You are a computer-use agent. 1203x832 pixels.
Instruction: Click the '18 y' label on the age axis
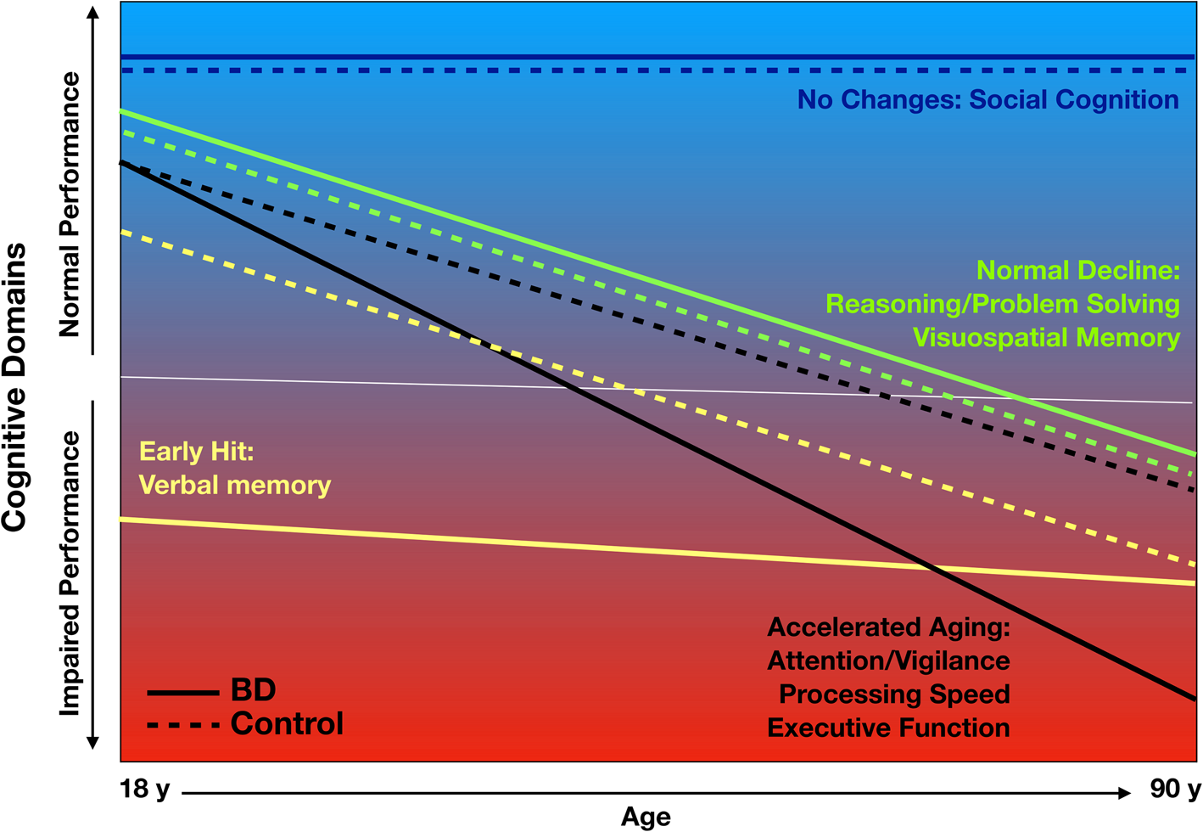point(145,790)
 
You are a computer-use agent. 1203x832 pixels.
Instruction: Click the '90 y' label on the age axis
point(1175,790)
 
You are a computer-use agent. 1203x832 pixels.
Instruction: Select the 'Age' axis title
point(646,817)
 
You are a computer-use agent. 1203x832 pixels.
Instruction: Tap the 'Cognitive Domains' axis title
point(15,387)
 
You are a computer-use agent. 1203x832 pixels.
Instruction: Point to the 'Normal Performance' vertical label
point(70,205)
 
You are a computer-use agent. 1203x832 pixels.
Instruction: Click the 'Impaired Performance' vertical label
point(70,574)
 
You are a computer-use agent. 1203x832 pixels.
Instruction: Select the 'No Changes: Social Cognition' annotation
point(988,100)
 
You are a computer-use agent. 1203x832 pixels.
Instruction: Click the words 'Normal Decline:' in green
point(1078,271)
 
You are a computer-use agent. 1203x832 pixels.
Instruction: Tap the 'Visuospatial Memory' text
point(1046,338)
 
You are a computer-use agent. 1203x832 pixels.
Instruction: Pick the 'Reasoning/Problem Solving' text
point(1003,304)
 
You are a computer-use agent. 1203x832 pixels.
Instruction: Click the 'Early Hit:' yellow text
point(196,452)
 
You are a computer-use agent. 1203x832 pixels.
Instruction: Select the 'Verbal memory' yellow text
point(234,486)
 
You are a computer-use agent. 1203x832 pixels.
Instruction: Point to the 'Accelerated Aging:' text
point(888,627)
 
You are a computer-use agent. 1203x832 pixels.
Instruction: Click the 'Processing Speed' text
point(894,694)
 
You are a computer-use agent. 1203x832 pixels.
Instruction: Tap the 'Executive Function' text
point(888,728)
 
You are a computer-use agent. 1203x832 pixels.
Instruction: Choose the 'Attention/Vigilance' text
point(888,661)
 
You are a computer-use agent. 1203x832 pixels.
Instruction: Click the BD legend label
point(253,690)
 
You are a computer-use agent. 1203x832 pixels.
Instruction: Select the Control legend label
point(287,724)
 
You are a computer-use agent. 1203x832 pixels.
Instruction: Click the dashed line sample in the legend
point(182,726)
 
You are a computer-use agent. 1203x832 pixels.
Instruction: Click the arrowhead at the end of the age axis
point(1125,793)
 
